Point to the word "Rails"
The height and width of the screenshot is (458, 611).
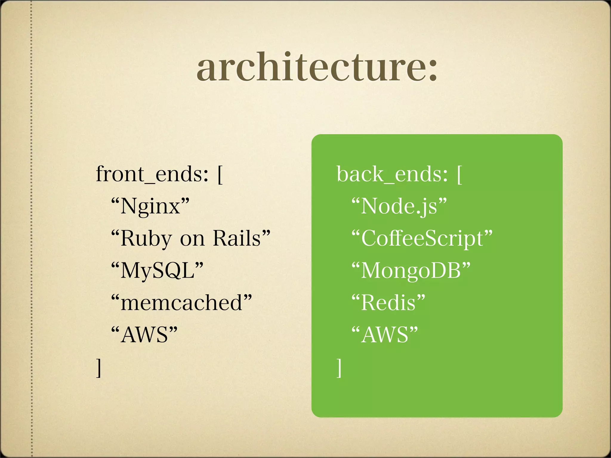[x=237, y=238]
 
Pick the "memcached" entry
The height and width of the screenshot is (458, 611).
[x=181, y=303]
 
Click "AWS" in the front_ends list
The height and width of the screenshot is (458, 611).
[x=145, y=335]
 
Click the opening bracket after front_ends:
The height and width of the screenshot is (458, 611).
[x=220, y=175]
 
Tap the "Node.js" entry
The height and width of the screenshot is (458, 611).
[x=399, y=206]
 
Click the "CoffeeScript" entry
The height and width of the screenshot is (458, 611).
[x=422, y=239]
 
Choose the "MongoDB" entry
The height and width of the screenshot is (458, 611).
[x=411, y=271]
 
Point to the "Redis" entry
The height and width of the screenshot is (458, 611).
[x=388, y=303]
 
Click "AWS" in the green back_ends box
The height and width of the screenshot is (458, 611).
[x=385, y=335]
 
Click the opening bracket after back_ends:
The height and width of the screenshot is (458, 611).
[x=460, y=175]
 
